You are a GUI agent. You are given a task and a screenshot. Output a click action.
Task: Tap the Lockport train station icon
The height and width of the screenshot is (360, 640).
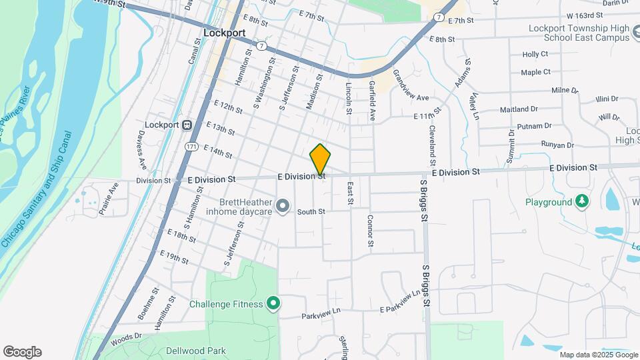187,125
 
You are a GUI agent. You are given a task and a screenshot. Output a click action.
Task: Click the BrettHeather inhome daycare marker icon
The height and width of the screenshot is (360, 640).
283,206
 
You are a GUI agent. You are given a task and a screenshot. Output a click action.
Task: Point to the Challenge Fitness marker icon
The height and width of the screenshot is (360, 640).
273,304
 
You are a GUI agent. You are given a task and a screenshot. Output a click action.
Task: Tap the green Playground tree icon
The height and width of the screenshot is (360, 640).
582,201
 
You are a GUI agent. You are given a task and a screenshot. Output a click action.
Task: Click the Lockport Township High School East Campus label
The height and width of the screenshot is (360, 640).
577,32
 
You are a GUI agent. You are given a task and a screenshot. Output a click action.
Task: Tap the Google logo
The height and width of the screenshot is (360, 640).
22,352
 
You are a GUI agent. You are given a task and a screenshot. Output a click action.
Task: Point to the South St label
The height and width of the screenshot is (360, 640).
311,212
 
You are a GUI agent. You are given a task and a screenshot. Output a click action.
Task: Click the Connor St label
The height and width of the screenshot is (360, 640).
370,230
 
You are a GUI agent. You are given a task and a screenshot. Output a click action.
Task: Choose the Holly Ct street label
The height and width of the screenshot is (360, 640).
535,54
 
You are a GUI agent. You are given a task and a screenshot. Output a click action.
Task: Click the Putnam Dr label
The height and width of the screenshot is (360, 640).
535,125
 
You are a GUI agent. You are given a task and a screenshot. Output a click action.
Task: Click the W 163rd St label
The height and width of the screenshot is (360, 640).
570,15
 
